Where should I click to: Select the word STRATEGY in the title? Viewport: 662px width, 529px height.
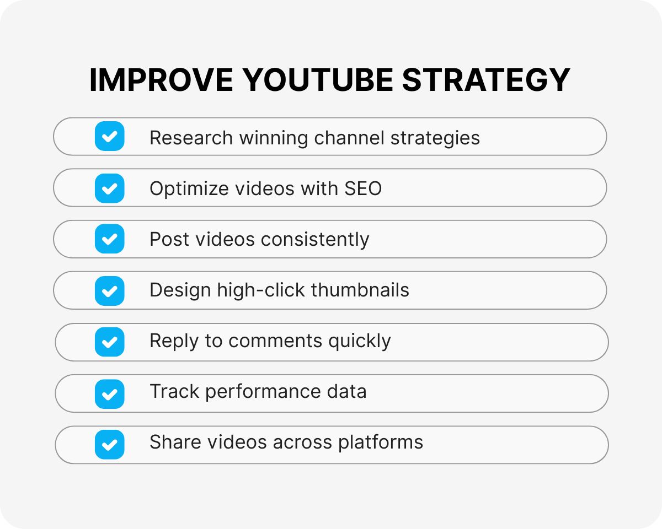(x=486, y=80)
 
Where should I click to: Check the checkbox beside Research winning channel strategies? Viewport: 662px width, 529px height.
(x=110, y=136)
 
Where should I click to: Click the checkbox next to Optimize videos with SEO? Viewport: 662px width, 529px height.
(x=110, y=188)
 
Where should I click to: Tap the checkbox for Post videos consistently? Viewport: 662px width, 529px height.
(x=110, y=239)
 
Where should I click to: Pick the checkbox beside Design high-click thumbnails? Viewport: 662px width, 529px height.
(x=110, y=290)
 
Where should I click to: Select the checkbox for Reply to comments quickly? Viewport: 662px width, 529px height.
(x=110, y=342)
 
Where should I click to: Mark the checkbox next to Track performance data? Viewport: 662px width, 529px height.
(x=110, y=393)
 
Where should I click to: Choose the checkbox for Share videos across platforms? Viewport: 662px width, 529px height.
(x=110, y=444)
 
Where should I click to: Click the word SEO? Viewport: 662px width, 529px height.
(x=363, y=188)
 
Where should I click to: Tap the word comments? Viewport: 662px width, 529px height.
(x=276, y=341)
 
